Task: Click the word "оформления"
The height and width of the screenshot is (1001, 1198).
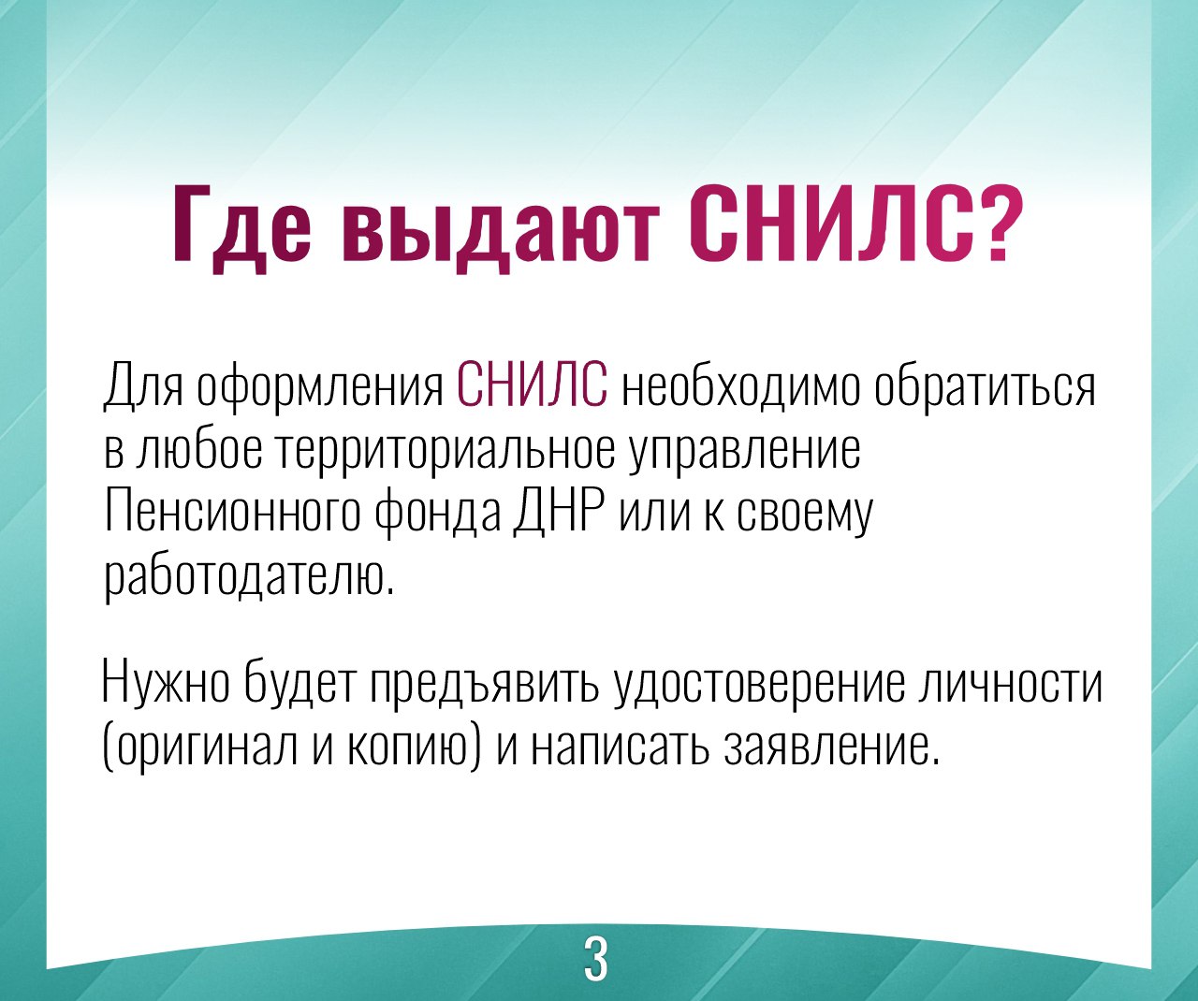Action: [320, 388]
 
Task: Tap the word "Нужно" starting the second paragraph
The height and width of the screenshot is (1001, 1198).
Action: [167, 683]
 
